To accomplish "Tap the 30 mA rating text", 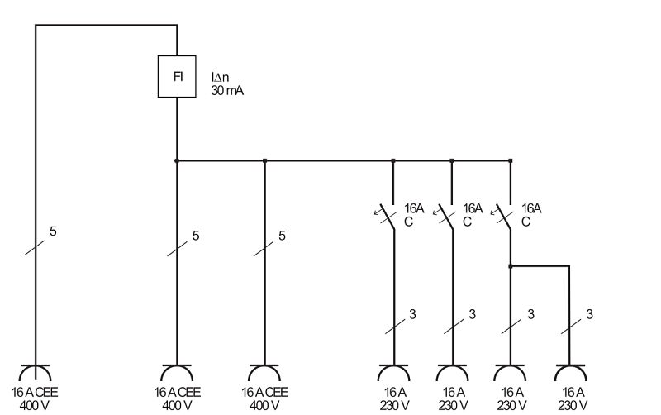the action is (227, 91).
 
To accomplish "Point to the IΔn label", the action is (220, 77).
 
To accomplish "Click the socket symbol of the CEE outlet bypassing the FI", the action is (35, 371).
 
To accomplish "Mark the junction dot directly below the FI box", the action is (177, 160).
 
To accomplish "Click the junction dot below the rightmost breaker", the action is (511, 266).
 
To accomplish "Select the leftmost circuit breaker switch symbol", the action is (387, 217).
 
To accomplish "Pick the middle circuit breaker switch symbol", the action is (445, 217).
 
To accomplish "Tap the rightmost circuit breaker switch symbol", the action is (503, 217).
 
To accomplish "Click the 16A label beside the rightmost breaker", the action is (531, 208).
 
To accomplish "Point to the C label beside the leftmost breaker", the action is (408, 222).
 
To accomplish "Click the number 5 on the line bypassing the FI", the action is (53, 231).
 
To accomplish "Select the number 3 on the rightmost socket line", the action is (589, 314).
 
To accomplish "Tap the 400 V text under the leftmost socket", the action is (35, 406).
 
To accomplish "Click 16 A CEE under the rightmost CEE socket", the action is (264, 392).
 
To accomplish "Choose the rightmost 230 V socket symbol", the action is (570, 371).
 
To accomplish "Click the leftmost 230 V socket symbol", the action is (394, 371).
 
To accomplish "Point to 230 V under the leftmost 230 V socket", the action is (395, 406).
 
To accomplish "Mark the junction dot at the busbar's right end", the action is (511, 160).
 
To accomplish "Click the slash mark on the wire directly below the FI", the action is (177, 249).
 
